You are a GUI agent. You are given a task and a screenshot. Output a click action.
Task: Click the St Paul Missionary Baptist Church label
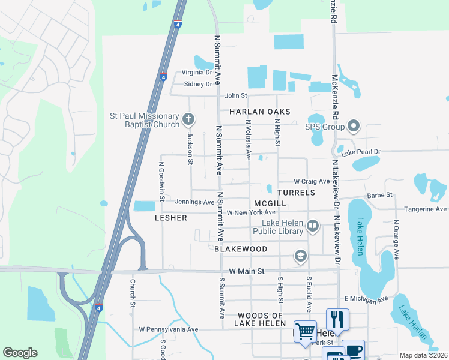point(144,120)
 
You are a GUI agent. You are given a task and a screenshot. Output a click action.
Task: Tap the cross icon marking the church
point(188,119)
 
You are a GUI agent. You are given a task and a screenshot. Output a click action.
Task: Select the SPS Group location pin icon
point(354,127)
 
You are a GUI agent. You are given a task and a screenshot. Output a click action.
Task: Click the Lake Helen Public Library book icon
point(312,226)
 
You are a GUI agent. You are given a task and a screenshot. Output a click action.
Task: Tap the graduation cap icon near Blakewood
point(300,257)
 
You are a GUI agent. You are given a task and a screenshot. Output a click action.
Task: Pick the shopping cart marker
point(305,331)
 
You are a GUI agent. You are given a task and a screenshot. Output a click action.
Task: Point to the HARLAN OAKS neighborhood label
point(259,112)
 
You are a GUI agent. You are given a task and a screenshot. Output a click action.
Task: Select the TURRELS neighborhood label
point(297,193)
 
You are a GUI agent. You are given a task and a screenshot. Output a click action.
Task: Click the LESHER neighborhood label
point(171,218)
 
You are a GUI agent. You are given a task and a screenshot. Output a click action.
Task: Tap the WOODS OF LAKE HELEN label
point(260,320)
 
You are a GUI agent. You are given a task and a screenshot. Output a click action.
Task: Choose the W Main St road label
point(245,271)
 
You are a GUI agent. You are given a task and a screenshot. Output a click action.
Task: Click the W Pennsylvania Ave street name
point(169,329)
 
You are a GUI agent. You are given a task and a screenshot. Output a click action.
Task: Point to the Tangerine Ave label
point(424,209)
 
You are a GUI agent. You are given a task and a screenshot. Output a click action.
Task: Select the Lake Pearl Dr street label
point(361,152)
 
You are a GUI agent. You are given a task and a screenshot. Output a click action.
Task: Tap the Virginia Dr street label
point(197,73)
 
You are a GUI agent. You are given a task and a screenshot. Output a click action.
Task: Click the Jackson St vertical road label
point(190,149)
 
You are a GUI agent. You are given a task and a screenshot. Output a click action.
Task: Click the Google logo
point(20,353)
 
